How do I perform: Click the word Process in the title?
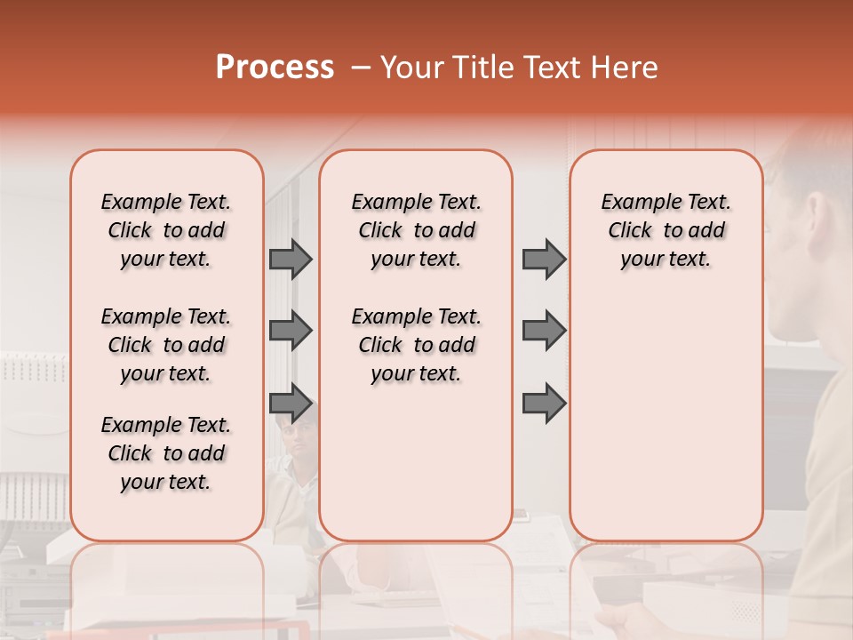pos(275,68)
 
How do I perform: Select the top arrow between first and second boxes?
pos(291,260)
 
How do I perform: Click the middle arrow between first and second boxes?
pos(291,331)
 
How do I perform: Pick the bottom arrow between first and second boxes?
pos(291,403)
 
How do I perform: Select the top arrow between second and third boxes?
pos(544,260)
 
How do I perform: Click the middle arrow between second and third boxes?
pos(544,331)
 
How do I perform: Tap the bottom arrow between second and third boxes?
pos(544,403)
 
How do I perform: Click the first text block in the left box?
pos(166,230)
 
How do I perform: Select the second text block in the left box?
pos(166,345)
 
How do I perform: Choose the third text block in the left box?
pos(166,453)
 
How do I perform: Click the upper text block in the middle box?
pos(416,230)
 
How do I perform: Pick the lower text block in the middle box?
pos(416,345)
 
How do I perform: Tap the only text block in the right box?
pos(666,230)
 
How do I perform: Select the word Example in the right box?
pos(635,203)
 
